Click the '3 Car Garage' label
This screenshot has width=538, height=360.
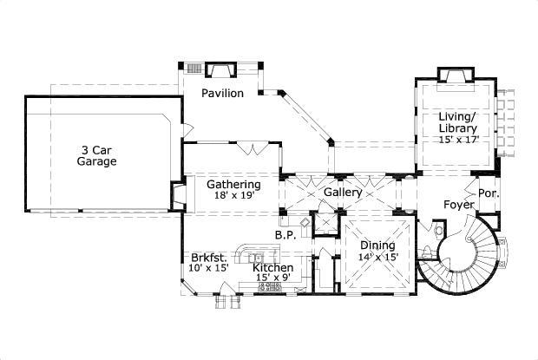coord(96,154)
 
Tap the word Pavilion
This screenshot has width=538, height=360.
coord(223,93)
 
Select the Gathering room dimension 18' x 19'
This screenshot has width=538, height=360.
coord(233,196)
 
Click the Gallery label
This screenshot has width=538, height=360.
coord(342,191)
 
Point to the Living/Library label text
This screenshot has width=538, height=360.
coord(457,122)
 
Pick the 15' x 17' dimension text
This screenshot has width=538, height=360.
coord(458,139)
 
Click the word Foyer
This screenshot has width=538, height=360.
coord(459,205)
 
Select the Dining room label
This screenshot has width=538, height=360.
coord(377,245)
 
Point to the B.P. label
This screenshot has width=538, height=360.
coord(285,235)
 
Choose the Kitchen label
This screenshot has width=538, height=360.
coord(272,268)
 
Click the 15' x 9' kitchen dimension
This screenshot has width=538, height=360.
coord(272,278)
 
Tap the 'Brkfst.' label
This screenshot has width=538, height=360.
coord(209,258)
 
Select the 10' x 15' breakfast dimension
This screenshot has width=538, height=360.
coord(209,268)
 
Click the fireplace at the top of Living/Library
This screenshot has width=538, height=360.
coord(456,75)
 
